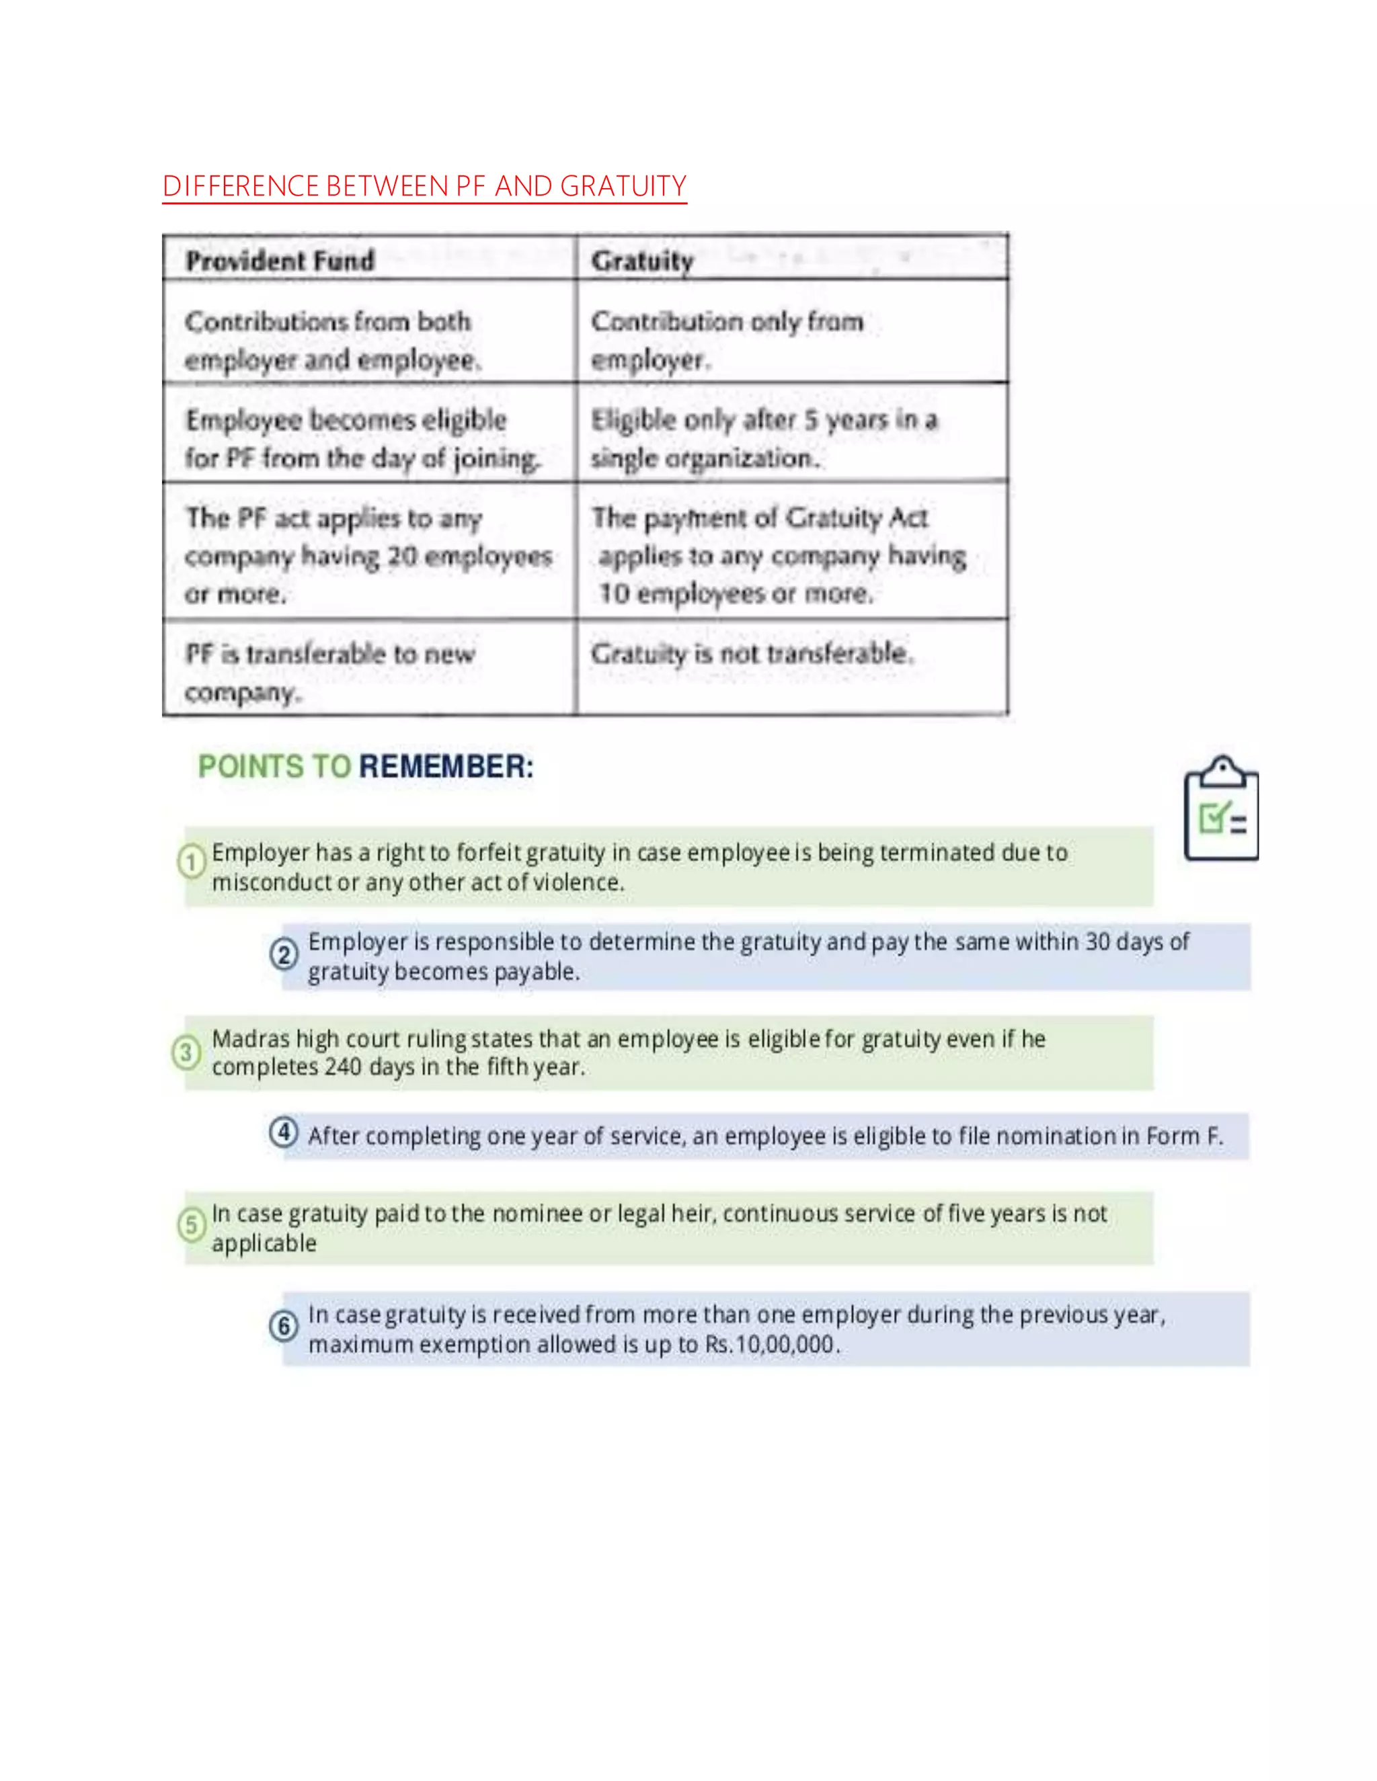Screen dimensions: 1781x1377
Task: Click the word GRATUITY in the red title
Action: (x=623, y=187)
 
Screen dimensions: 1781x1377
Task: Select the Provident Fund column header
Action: (x=280, y=261)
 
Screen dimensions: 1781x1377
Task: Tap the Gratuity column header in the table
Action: (x=642, y=261)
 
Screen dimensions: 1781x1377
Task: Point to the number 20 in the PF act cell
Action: (x=402, y=556)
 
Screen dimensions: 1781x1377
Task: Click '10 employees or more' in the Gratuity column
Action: (x=734, y=593)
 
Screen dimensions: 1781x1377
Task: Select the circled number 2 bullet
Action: (x=284, y=954)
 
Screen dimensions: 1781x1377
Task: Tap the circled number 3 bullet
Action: (x=186, y=1052)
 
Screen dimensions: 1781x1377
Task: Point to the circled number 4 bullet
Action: (x=284, y=1132)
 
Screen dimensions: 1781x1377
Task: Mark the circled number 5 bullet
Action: (x=192, y=1225)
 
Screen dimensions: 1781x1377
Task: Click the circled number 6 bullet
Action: (x=284, y=1326)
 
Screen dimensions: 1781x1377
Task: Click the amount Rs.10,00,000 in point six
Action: (x=771, y=1345)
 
